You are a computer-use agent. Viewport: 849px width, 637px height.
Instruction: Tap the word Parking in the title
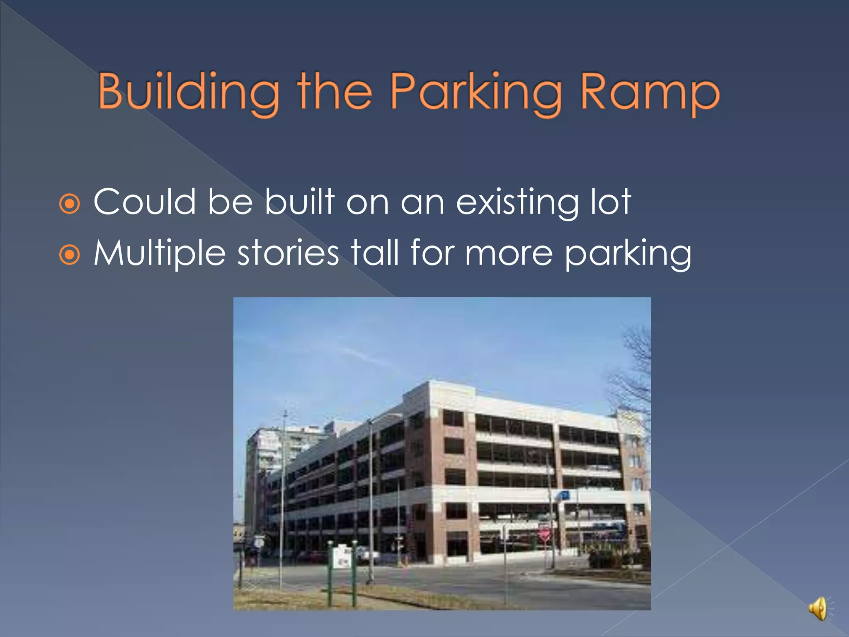point(476,92)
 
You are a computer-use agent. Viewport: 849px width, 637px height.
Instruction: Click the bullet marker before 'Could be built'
point(69,204)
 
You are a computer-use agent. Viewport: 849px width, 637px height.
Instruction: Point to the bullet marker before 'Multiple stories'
point(69,255)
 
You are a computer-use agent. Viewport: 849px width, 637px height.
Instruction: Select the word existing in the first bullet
point(517,202)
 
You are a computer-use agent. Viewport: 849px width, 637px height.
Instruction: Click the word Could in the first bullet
point(145,202)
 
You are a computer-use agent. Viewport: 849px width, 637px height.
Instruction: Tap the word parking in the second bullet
point(628,254)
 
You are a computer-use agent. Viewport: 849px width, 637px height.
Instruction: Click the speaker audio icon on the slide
point(819,608)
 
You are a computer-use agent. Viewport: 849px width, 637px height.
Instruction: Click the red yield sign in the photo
point(545,535)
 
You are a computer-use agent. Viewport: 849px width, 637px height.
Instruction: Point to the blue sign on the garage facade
point(563,495)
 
